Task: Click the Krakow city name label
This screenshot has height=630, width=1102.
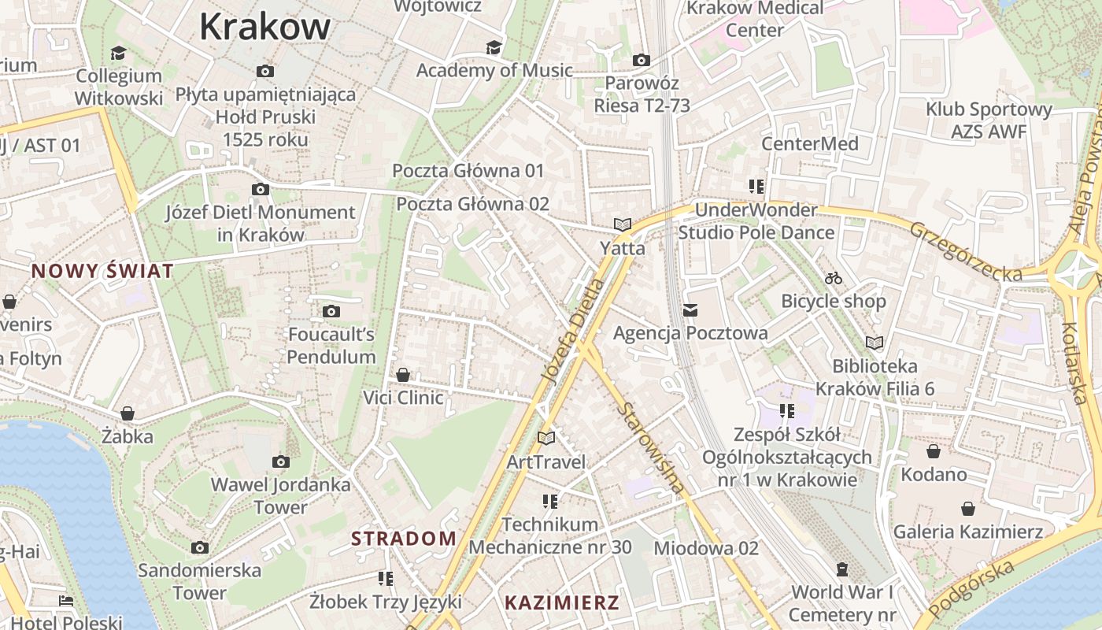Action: coord(264,27)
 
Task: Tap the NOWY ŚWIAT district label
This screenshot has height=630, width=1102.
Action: coord(102,272)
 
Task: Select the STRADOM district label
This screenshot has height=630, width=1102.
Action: coord(403,539)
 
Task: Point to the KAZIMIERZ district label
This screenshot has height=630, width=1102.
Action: coord(562,603)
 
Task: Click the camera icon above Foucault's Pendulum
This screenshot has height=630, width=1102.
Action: coord(331,311)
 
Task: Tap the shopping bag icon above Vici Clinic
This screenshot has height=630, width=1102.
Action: coord(403,374)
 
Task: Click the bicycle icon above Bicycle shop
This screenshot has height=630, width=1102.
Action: coord(834,278)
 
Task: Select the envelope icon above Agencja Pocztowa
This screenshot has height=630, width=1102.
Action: coord(690,310)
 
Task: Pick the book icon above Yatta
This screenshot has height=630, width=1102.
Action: coord(623,224)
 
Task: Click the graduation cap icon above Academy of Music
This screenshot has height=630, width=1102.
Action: coord(494,47)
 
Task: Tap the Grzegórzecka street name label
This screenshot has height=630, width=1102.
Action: coord(967,251)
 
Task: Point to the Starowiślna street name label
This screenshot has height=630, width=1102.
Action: coord(651,448)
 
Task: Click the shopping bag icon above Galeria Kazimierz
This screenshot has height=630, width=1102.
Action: coord(967,510)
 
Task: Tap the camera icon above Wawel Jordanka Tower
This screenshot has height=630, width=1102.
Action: coord(280,461)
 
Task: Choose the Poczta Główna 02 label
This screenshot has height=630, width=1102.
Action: coord(472,204)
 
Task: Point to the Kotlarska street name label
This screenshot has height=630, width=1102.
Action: coord(1074,362)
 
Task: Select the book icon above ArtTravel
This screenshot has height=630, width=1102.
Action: coord(546,438)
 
